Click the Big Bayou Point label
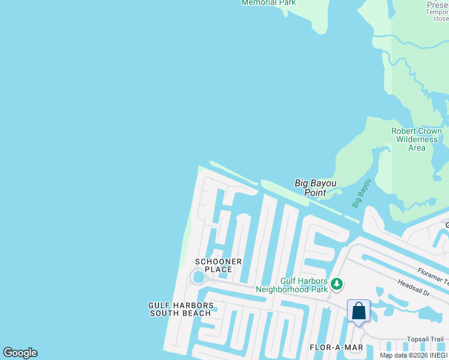(315, 188)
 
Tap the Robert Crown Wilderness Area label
(417, 139)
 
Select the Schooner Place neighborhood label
(218, 265)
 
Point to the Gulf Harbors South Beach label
(180, 309)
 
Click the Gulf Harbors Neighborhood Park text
(292, 285)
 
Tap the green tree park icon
(337, 283)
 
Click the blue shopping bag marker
(358, 311)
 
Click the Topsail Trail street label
(425, 339)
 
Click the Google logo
(20, 353)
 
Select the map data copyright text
(414, 355)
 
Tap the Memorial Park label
(268, 2)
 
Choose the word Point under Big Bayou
(315, 193)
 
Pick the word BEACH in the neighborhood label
(198, 313)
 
